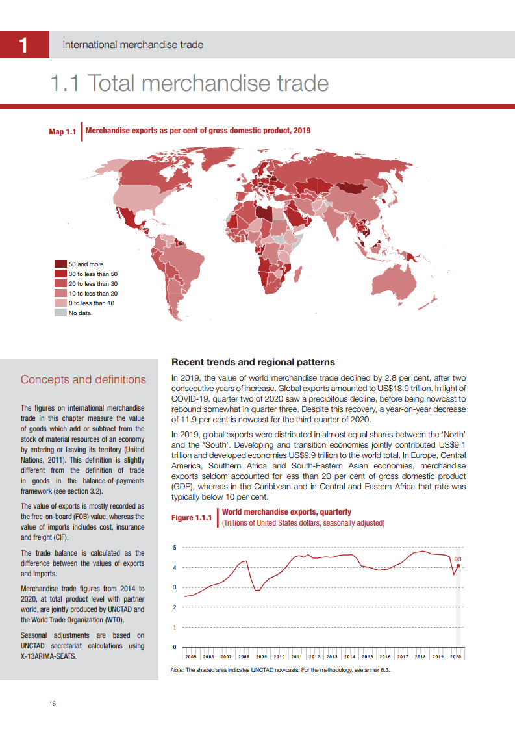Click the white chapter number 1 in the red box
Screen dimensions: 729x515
point(23,45)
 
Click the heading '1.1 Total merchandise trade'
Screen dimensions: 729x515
point(190,84)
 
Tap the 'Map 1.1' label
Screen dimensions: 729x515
point(63,132)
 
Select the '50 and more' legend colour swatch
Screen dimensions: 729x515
point(60,264)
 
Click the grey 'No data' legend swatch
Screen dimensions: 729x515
point(60,313)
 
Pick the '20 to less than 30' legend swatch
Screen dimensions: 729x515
point(60,284)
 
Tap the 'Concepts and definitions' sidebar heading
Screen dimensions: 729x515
point(83,379)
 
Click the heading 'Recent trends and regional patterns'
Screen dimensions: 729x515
point(253,362)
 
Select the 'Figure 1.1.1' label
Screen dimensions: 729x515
point(192,518)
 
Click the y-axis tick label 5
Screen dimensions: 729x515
point(174,548)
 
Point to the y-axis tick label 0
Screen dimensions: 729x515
point(174,647)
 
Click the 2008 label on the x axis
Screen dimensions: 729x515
point(244,657)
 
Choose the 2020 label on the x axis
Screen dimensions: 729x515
point(455,657)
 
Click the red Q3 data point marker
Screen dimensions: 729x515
point(458,566)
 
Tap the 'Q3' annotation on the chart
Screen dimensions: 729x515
point(458,559)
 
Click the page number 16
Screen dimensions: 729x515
point(53,704)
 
